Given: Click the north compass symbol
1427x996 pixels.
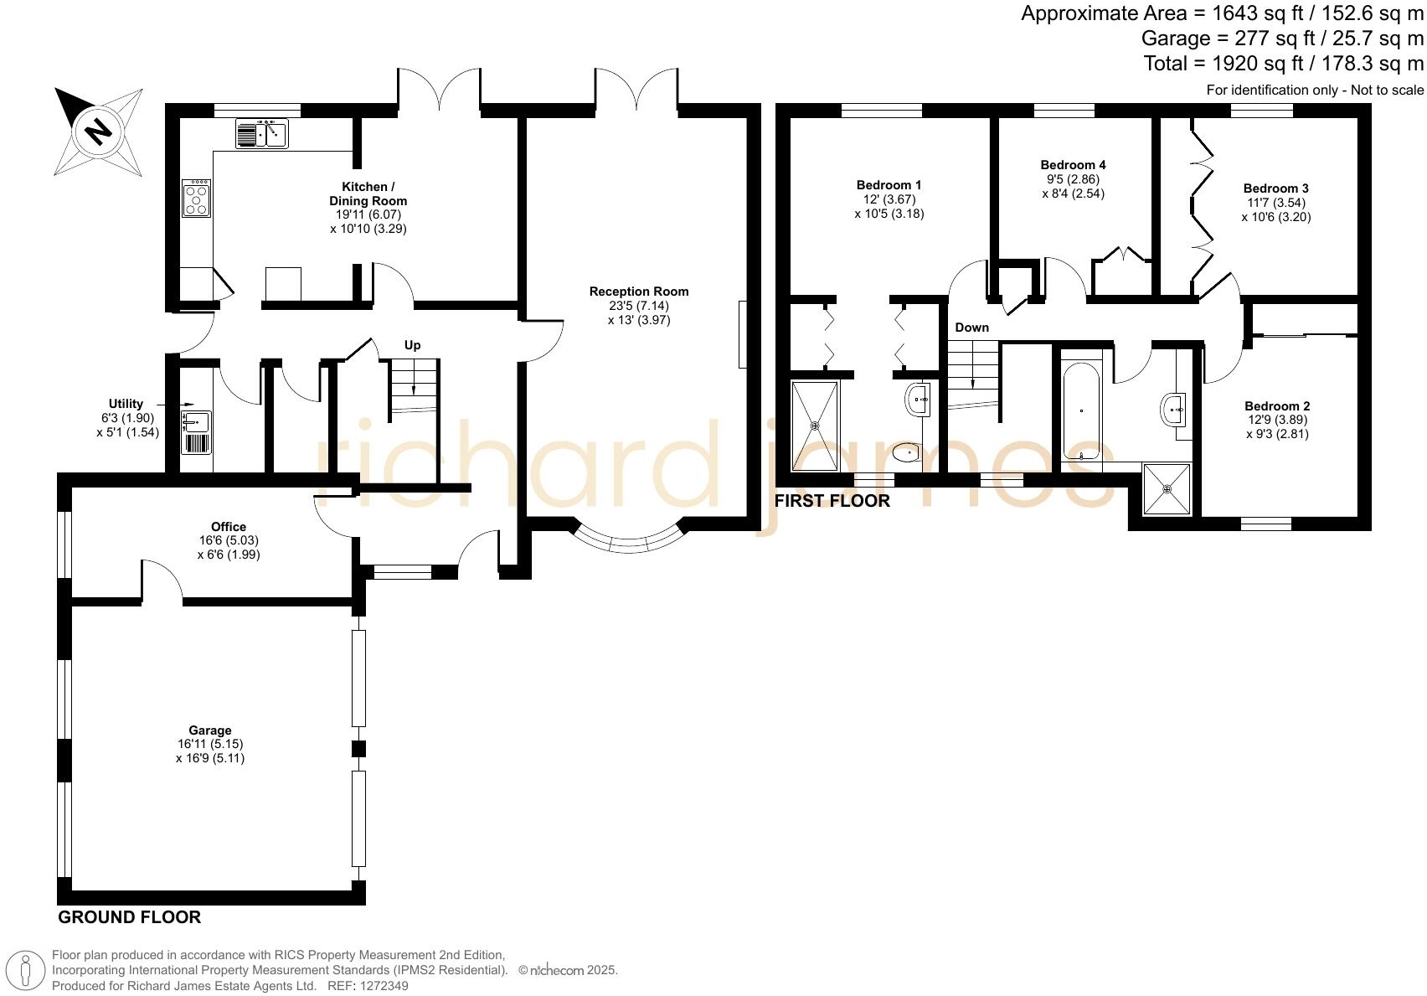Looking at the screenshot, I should tap(98, 132).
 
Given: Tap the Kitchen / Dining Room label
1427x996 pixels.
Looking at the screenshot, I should tap(368, 194).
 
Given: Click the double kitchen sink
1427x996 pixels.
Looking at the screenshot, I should tap(262, 133).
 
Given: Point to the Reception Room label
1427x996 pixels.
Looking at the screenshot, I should tap(638, 292).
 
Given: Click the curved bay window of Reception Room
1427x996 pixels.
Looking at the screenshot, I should tap(628, 541).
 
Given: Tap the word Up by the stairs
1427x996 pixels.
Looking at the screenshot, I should tap(412, 345).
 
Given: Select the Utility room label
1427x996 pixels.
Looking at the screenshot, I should tap(126, 404).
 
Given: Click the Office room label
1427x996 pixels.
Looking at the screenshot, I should tap(229, 527).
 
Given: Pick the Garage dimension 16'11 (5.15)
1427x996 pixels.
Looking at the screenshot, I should tap(210, 744).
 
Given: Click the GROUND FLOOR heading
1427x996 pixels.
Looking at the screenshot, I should tap(129, 917).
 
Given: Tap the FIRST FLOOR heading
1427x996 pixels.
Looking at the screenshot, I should tap(832, 501).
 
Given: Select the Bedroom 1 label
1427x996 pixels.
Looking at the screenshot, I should tap(889, 185).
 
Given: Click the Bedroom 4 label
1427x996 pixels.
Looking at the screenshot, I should tap(1073, 165).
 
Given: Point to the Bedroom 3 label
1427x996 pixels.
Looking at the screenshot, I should tap(1275, 188).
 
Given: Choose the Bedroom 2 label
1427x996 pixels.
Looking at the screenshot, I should tap(1276, 406).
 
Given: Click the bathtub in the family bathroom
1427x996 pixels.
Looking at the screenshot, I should tap(1082, 410).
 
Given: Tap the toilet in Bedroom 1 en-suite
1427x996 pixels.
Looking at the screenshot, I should tap(906, 454).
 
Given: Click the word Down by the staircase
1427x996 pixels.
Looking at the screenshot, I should tap(971, 328).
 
